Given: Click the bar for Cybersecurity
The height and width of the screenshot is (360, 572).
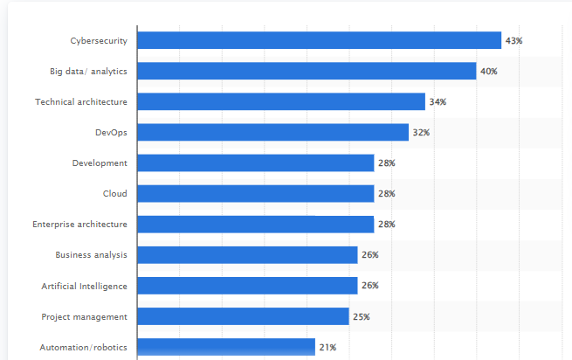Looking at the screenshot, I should tap(320, 40).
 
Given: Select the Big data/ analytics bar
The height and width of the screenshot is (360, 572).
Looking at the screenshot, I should tap(307, 71).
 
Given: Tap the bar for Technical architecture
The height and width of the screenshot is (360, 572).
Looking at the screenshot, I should tap(281, 101).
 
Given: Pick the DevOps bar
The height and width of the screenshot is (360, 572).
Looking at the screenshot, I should tap(273, 132).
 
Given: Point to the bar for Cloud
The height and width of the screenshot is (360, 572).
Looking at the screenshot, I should tap(256, 193).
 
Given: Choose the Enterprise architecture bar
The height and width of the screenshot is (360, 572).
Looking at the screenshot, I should tap(256, 224).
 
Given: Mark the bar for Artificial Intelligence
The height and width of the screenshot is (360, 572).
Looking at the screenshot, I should tap(248, 286).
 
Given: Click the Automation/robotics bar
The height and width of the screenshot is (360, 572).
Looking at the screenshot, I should tap(226, 347).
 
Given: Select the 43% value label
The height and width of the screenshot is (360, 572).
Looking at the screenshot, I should tap(513, 41).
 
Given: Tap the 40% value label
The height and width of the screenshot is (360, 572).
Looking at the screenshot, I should tap(488, 72).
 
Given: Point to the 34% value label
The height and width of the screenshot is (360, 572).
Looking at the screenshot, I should tap(438, 102).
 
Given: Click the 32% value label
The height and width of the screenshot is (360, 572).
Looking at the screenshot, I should tap(421, 133).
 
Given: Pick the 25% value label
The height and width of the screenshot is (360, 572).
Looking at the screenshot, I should tap(362, 316).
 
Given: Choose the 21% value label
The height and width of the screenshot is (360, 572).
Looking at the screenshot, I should tap(327, 347).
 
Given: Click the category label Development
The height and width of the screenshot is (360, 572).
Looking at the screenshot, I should tap(100, 163).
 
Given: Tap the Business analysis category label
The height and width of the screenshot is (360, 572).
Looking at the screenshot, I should tap(91, 255).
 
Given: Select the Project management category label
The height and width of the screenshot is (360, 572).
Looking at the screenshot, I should tap(84, 316).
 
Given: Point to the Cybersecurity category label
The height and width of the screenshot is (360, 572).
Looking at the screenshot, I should tap(99, 40).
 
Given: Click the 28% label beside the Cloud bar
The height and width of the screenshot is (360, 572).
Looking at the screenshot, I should tap(387, 194).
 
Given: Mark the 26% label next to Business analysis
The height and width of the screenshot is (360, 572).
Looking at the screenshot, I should tap(370, 255).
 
